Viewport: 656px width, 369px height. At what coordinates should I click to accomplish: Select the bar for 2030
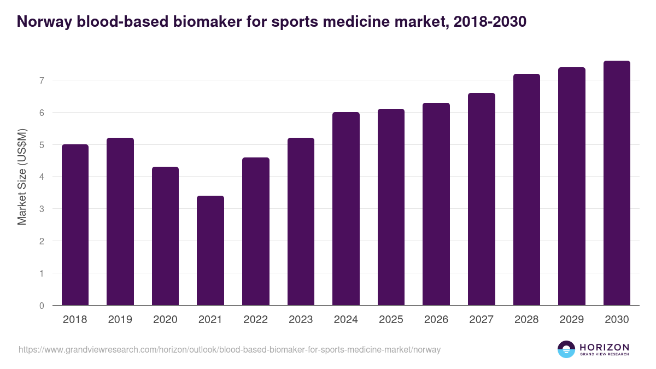(617, 183)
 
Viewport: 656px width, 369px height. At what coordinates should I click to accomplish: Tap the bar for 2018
(75, 225)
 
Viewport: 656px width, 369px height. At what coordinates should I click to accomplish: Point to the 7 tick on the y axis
(41, 80)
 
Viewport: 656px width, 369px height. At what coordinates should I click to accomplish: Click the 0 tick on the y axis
(41, 306)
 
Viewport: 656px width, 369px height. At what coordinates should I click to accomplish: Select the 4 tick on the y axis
(41, 177)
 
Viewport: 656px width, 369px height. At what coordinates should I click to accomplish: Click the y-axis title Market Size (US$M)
(22, 177)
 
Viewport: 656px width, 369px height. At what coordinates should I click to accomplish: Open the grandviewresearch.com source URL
(230, 349)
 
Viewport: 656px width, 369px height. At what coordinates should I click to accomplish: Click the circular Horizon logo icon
(566, 349)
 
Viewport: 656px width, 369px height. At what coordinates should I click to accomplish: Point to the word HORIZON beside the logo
(604, 347)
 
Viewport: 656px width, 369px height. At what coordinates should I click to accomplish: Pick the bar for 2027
(482, 199)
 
